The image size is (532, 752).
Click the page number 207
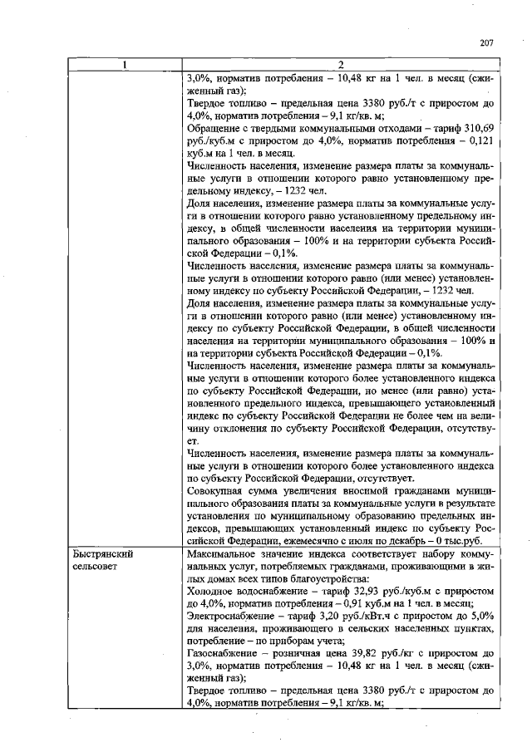coord(487,43)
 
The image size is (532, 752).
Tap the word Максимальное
coord(227,553)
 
